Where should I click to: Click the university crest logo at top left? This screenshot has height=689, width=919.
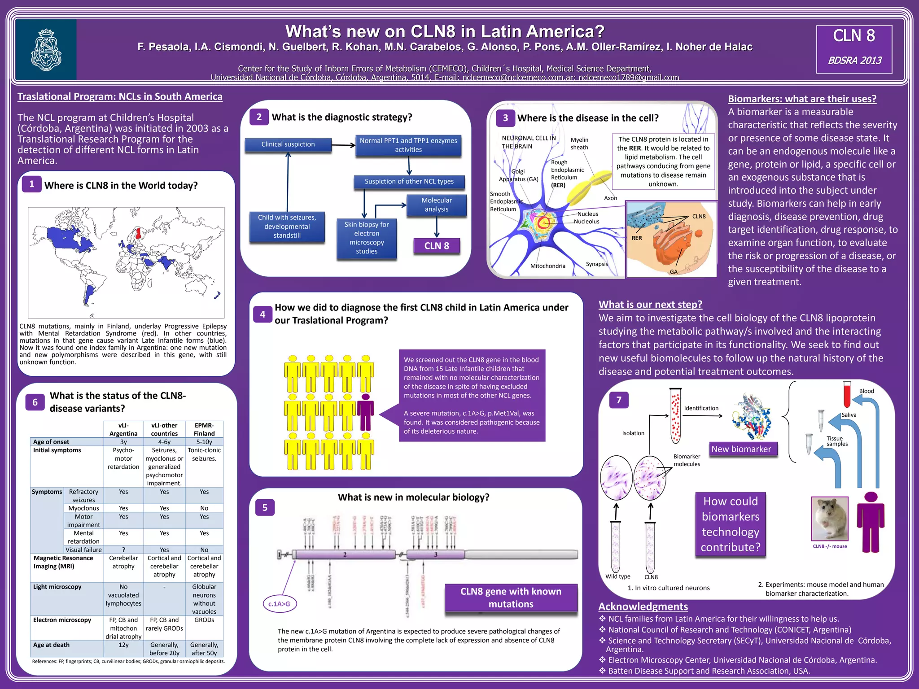[46, 49]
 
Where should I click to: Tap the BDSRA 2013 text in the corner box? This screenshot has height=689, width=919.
[854, 60]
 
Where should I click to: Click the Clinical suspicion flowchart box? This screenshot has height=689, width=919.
[288, 144]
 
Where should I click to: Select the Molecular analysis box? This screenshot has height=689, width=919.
[436, 205]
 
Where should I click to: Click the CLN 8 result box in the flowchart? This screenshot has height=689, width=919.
[436, 246]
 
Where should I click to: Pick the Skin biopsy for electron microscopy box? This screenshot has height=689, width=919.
[367, 238]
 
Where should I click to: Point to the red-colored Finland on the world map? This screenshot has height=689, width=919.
[139, 233]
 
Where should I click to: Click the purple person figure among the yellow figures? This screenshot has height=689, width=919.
[366, 411]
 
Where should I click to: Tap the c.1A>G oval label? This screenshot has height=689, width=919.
[279, 604]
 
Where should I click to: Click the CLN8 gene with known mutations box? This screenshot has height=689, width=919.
[511, 597]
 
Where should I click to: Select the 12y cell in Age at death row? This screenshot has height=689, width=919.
[123, 645]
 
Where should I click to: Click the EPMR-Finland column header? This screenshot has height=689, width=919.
[204, 429]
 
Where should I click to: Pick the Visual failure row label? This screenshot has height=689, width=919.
[83, 550]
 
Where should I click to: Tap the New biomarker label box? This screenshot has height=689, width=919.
[741, 449]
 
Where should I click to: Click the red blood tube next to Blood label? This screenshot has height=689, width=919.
[847, 394]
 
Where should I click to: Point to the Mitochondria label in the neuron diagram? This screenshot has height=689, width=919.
[547, 266]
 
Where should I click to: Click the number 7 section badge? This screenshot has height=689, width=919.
[619, 400]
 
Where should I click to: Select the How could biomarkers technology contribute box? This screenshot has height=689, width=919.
[731, 524]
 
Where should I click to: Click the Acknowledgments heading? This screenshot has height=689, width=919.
[643, 607]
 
